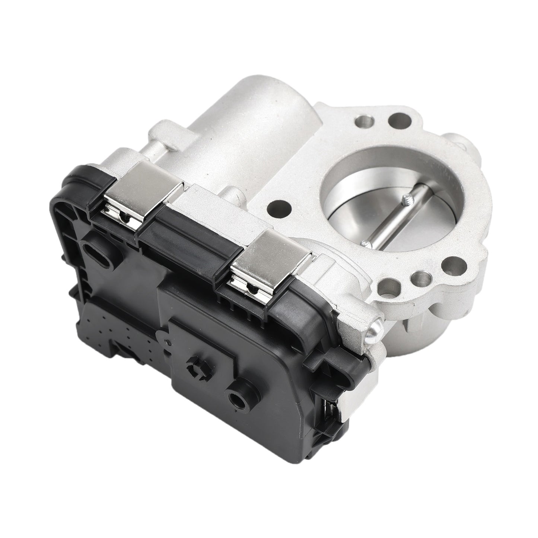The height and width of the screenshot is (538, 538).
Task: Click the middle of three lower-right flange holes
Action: (x=420, y=276)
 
